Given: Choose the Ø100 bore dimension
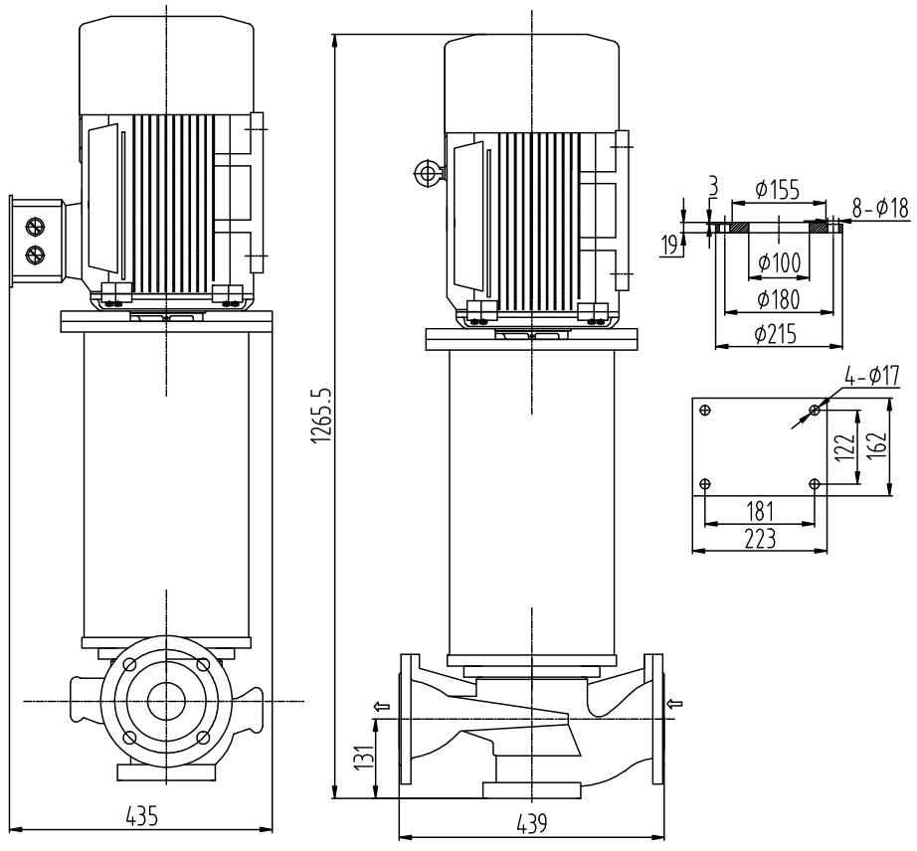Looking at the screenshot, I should pos(777,262).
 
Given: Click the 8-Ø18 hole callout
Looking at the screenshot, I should pos(879,210).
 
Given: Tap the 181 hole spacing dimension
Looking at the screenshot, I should pos(759,510).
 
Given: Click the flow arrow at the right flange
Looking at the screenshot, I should pos(676,705).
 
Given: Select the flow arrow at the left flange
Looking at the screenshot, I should pos(381,707).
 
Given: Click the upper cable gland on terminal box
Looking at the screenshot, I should pos(36,225).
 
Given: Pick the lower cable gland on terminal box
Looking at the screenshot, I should pos(36,255).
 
